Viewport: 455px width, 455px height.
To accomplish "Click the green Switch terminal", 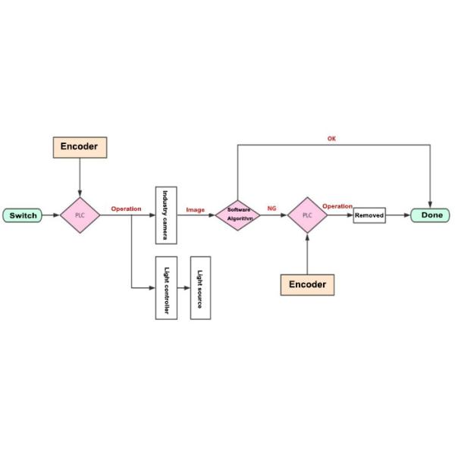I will tap(23, 215).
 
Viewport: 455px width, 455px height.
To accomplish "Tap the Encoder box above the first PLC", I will tap(80, 146).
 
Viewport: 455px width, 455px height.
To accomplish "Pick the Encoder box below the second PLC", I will tap(307, 284).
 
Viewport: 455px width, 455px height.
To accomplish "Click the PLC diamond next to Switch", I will tap(80, 215).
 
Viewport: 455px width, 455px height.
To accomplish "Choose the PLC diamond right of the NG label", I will tap(307, 215).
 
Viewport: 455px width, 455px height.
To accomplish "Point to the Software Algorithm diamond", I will tap(238, 215).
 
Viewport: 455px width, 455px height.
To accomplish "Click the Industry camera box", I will tap(166, 215).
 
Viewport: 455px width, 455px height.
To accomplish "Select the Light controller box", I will tap(166, 288).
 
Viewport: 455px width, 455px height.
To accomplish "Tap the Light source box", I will tap(201, 288).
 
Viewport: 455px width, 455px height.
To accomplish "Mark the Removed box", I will tap(369, 215).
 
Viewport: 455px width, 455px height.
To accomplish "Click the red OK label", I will tap(331, 139).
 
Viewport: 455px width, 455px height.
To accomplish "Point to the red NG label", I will tap(271, 209).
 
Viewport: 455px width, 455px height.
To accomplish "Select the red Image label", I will tap(195, 209).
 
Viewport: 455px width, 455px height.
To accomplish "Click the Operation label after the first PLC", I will tap(126, 209).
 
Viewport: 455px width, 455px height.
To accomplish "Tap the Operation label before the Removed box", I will tap(337, 206).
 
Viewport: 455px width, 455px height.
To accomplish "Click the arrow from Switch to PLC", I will tap(51, 215).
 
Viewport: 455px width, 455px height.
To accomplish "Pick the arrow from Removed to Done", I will tap(397, 215).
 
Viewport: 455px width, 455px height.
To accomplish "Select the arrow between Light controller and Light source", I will tap(184, 288).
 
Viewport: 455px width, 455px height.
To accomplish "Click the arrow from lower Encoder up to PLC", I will tap(307, 254).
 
